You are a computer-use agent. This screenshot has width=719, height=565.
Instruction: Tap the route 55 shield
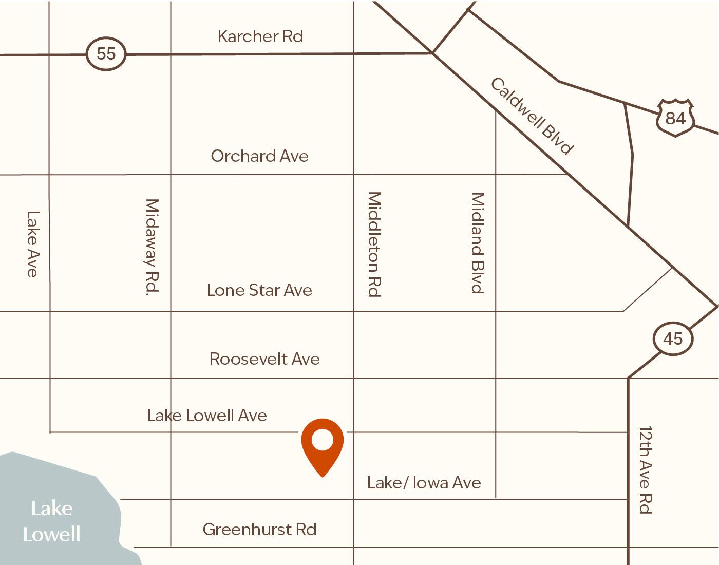[106, 53]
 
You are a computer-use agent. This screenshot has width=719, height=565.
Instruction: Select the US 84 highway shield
[675, 118]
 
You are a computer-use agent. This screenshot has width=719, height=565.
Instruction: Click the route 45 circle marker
[673, 339]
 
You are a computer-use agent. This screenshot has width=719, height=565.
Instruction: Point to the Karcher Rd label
[260, 36]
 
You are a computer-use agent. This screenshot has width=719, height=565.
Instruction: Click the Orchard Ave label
[259, 156]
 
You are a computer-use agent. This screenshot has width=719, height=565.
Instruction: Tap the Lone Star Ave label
[259, 290]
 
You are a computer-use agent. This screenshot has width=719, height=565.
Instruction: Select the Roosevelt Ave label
[264, 359]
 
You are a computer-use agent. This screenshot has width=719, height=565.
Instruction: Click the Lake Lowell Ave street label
[207, 415]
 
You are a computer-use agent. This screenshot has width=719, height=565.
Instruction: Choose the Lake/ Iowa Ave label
[424, 483]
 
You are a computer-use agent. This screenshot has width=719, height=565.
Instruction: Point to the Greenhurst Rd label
[259, 529]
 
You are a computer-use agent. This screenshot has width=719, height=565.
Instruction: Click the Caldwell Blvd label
[532, 116]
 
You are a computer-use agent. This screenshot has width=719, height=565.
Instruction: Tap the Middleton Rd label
[374, 244]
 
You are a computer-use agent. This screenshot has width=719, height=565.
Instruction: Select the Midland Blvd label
[478, 243]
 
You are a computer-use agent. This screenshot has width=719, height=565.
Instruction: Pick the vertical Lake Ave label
[33, 244]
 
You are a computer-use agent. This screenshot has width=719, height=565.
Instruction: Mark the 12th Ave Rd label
[645, 469]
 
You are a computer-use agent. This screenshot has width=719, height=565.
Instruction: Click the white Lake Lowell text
[51, 521]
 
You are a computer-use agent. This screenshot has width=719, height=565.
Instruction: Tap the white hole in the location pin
[322, 441]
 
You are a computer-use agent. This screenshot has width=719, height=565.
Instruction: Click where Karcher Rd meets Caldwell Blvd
[433, 53]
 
